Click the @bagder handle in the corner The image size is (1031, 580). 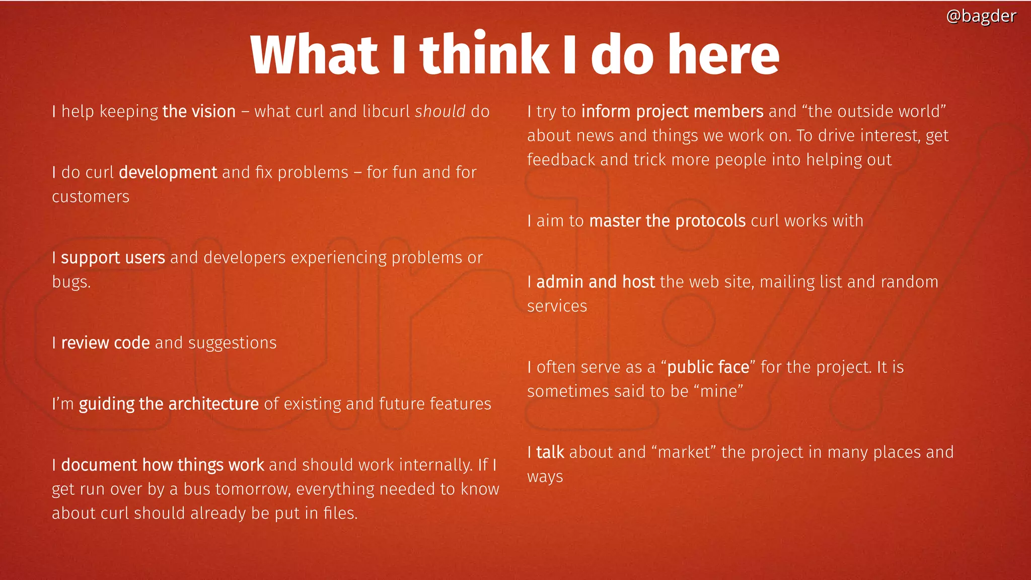point(981,16)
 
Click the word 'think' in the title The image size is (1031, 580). point(484,54)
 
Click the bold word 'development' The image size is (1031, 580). point(168,173)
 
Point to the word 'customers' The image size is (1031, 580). point(91,197)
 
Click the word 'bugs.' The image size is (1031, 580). point(71,282)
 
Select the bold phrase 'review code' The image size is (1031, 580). point(105,343)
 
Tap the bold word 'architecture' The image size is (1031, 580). point(213,404)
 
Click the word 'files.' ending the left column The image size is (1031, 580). point(340,514)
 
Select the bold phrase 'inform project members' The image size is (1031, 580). point(672,111)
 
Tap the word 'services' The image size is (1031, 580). point(557,306)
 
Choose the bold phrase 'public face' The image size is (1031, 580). point(708,368)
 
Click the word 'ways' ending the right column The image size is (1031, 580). point(545,477)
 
